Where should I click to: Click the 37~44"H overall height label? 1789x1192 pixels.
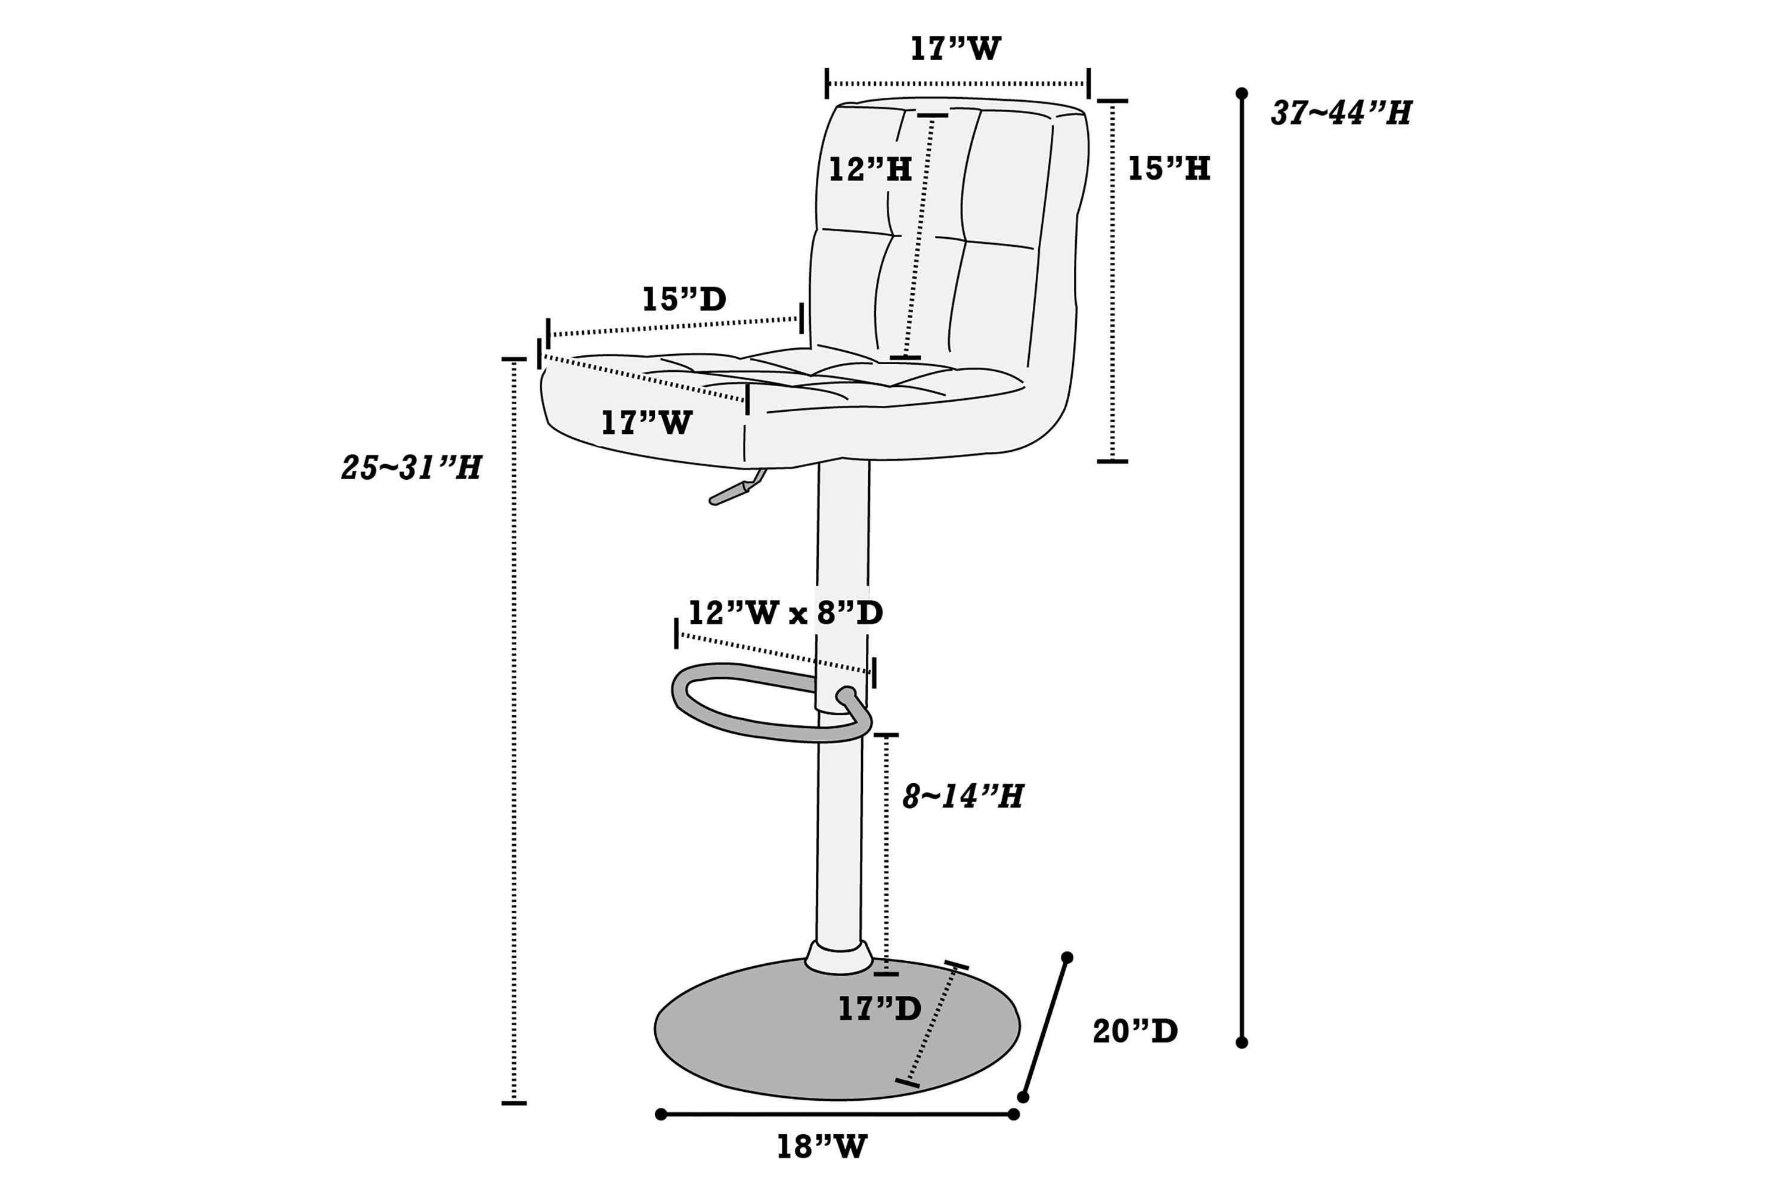click(1341, 113)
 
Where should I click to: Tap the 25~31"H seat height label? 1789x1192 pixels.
click(411, 467)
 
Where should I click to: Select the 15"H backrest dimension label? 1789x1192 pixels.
click(1168, 168)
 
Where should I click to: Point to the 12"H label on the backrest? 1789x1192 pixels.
click(869, 169)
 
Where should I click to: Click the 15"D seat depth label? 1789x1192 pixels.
click(684, 299)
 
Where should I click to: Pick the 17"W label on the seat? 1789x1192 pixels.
click(646, 423)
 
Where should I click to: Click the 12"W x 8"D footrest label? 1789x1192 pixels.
click(785, 612)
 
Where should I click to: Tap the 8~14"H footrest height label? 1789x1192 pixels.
click(962, 796)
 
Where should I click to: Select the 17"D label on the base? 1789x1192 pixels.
click(879, 1008)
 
